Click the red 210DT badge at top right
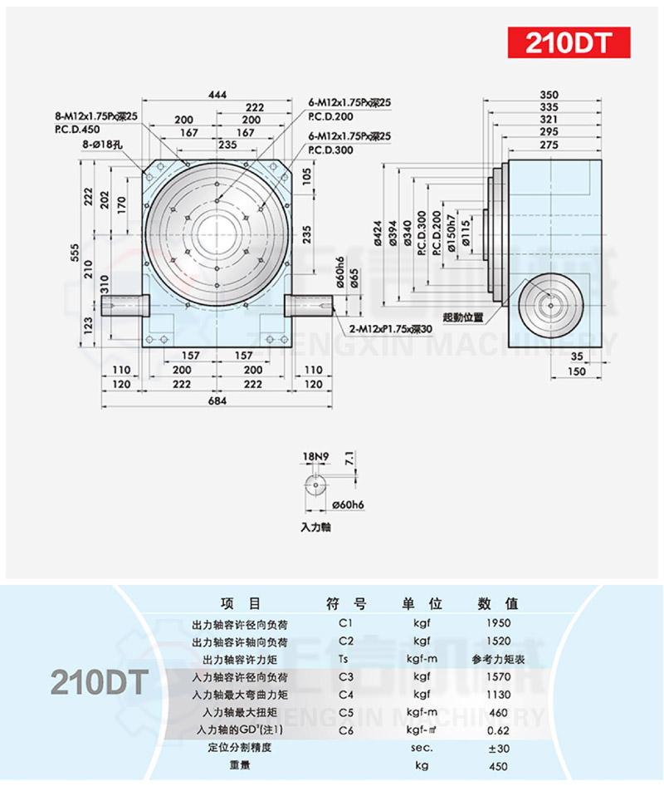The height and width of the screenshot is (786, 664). point(569,42)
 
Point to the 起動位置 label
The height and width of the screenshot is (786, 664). point(463,317)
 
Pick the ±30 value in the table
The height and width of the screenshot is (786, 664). point(497,747)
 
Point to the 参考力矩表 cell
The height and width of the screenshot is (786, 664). point(497,659)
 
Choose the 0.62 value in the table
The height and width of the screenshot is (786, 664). point(497,730)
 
